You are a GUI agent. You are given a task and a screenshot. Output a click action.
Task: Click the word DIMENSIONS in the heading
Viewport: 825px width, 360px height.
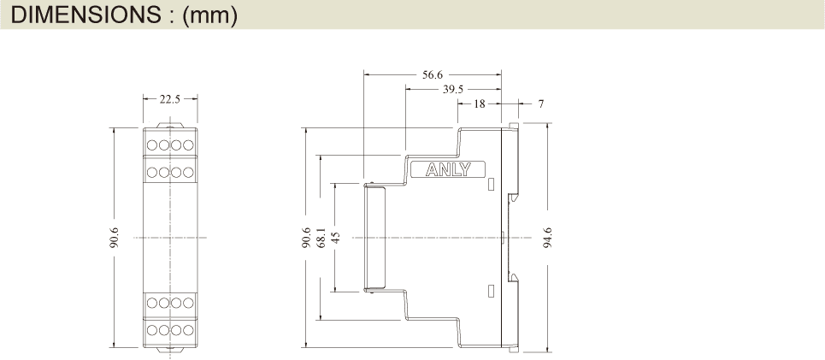click(x=85, y=15)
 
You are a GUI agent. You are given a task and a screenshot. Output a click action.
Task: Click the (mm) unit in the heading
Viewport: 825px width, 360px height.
click(x=210, y=15)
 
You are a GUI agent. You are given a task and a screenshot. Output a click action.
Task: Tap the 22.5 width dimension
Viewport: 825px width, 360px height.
click(x=170, y=99)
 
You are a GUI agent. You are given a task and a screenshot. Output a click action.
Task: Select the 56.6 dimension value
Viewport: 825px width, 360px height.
click(x=433, y=74)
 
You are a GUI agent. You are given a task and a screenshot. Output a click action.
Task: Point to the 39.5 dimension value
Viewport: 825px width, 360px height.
click(x=452, y=90)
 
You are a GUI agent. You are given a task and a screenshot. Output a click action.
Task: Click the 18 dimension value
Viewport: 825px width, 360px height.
click(x=480, y=103)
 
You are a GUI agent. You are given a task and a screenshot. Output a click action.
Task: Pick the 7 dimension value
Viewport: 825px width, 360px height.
click(x=541, y=103)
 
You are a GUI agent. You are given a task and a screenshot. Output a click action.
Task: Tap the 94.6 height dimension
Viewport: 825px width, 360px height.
click(x=548, y=238)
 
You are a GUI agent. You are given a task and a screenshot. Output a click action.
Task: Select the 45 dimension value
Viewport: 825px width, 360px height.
click(x=336, y=238)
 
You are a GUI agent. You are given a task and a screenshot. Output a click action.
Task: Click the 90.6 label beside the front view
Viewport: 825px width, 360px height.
click(x=115, y=238)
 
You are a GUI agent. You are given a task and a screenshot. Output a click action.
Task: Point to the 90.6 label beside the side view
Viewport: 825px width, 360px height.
click(x=307, y=238)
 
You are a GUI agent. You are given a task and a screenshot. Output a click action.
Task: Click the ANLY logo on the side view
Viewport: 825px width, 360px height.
click(x=448, y=169)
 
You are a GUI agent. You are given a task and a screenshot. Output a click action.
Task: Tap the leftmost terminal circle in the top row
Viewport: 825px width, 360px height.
click(x=152, y=145)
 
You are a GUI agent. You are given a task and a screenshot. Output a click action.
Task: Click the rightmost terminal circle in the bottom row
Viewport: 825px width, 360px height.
click(x=188, y=330)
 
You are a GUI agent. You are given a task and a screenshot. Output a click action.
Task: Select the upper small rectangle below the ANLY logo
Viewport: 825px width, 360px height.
click(x=492, y=184)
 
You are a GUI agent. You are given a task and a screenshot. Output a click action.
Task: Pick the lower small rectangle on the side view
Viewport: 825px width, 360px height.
click(x=492, y=291)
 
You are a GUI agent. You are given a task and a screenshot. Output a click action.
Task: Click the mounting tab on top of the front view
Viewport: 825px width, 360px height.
click(x=170, y=125)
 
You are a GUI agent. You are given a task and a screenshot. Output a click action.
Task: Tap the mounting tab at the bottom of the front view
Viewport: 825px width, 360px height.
click(x=170, y=350)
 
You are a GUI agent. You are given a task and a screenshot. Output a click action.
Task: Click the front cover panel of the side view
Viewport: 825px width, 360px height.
click(x=374, y=238)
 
